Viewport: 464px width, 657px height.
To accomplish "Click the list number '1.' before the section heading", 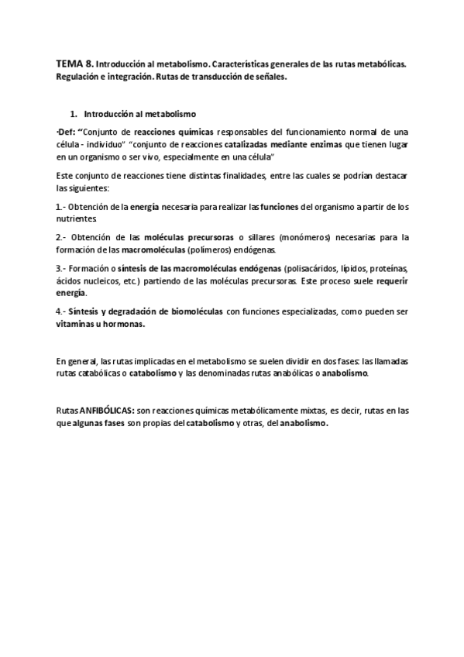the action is [x=74, y=113].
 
